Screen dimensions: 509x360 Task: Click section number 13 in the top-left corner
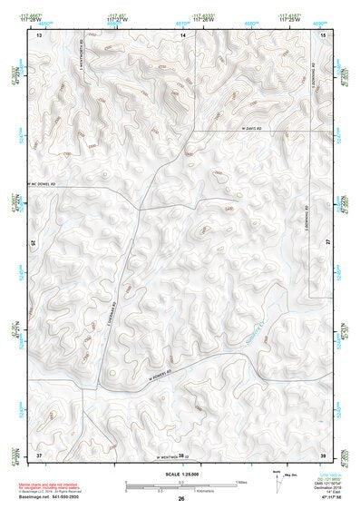(x=39, y=34)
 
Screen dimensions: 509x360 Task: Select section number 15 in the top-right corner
(x=323, y=34)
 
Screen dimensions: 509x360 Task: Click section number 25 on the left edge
(x=34, y=243)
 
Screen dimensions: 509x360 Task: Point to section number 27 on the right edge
(x=326, y=243)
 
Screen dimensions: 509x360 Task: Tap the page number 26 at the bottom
(x=181, y=499)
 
